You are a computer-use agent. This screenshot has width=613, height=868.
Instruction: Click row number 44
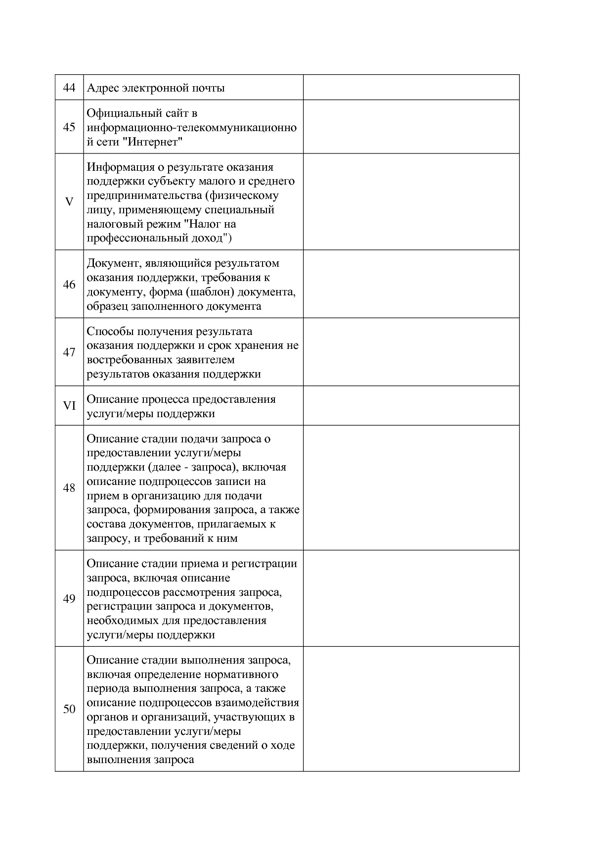69,88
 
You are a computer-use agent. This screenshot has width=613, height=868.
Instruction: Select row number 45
69,127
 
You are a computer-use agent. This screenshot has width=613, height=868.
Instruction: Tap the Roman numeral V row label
69,202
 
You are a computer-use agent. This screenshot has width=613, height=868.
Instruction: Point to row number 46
69,284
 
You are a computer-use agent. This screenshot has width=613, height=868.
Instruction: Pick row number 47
69,352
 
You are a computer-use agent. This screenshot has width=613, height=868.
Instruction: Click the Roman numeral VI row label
69,406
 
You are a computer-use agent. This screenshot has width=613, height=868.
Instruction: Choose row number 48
69,488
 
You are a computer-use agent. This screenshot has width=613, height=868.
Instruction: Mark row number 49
69,599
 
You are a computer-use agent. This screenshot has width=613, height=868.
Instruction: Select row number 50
69,709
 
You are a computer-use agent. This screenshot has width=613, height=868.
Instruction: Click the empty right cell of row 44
411,88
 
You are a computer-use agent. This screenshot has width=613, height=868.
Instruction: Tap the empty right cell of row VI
411,406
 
